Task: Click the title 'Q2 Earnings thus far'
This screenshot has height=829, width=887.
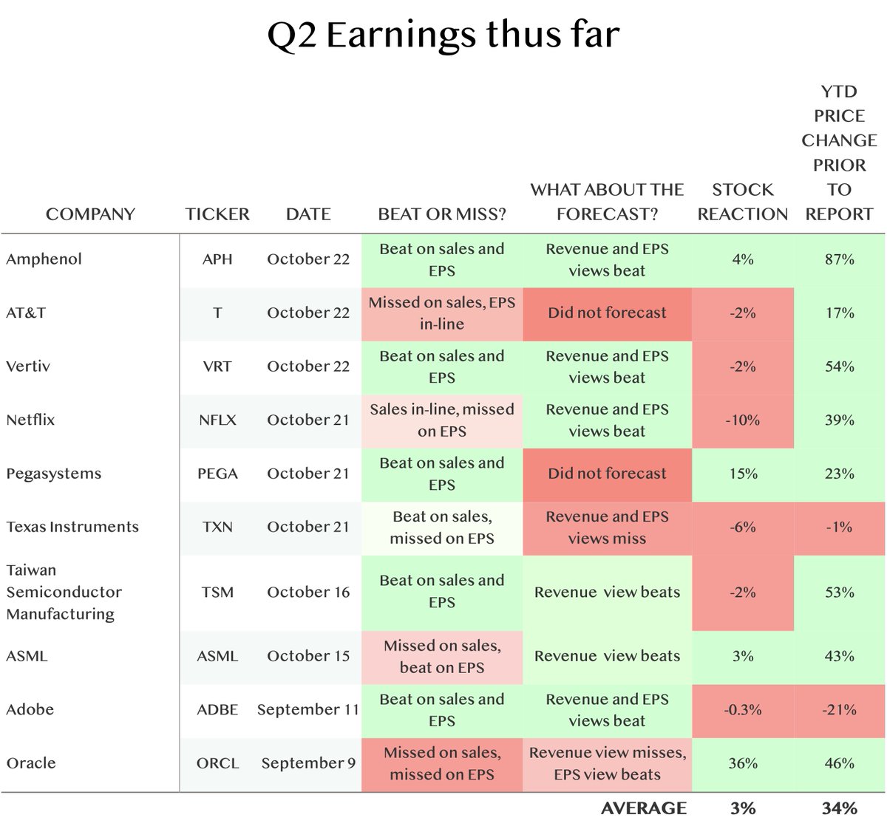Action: coord(443,35)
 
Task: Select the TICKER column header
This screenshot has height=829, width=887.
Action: coord(217,214)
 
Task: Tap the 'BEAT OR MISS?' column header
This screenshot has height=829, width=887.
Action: coord(442,214)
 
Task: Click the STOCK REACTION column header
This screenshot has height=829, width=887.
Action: coord(742,202)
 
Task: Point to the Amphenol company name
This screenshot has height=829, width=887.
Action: coord(44,259)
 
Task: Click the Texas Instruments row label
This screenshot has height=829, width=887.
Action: coord(72,527)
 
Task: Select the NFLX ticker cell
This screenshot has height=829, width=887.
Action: coord(217,420)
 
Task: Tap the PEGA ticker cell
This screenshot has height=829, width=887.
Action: coord(217,474)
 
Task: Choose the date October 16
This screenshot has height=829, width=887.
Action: coord(308,593)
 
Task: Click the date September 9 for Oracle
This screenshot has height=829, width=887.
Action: coord(308,763)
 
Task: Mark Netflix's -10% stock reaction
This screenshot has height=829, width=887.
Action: coord(742,420)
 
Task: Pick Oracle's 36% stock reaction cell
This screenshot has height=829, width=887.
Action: coord(742,763)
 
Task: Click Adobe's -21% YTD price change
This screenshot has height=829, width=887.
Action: coord(839,710)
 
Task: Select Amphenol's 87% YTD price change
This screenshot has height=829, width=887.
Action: coord(839,259)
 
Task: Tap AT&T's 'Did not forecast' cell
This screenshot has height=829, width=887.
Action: coord(607,313)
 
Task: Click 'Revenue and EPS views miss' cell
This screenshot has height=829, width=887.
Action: coord(607,528)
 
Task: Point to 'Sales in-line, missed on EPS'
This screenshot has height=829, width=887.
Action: coord(442,420)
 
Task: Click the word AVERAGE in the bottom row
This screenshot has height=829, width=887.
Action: coord(643,808)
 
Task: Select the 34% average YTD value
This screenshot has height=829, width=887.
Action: coord(839,808)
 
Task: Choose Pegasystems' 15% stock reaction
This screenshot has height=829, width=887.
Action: coord(742,474)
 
